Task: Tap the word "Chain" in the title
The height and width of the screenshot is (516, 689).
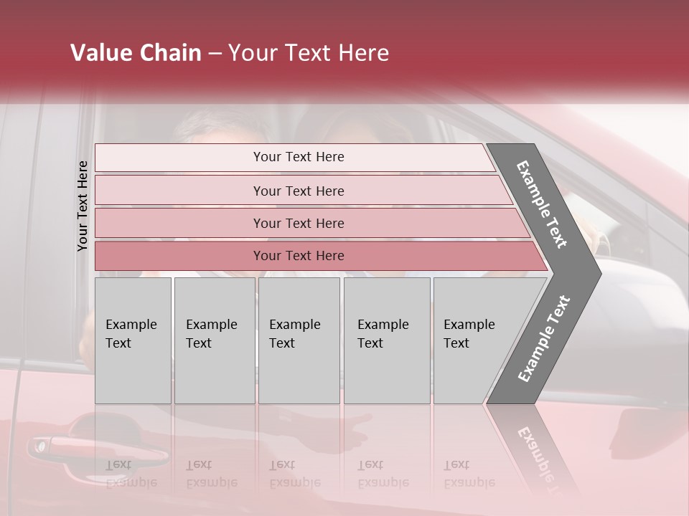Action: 170,53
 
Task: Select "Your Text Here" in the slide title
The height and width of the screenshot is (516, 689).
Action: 309,53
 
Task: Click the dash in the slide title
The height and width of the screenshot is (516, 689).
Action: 215,54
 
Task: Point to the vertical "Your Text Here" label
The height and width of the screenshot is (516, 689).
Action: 83,206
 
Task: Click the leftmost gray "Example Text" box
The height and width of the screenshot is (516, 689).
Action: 133,340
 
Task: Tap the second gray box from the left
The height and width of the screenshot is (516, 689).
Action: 214,340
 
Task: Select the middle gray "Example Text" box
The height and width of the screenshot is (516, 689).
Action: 299,340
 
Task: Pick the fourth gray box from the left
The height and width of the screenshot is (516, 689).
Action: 386,340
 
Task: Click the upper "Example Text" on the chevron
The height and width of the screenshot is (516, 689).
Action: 542,204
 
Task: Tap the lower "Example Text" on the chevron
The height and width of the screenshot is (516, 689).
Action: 543,339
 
